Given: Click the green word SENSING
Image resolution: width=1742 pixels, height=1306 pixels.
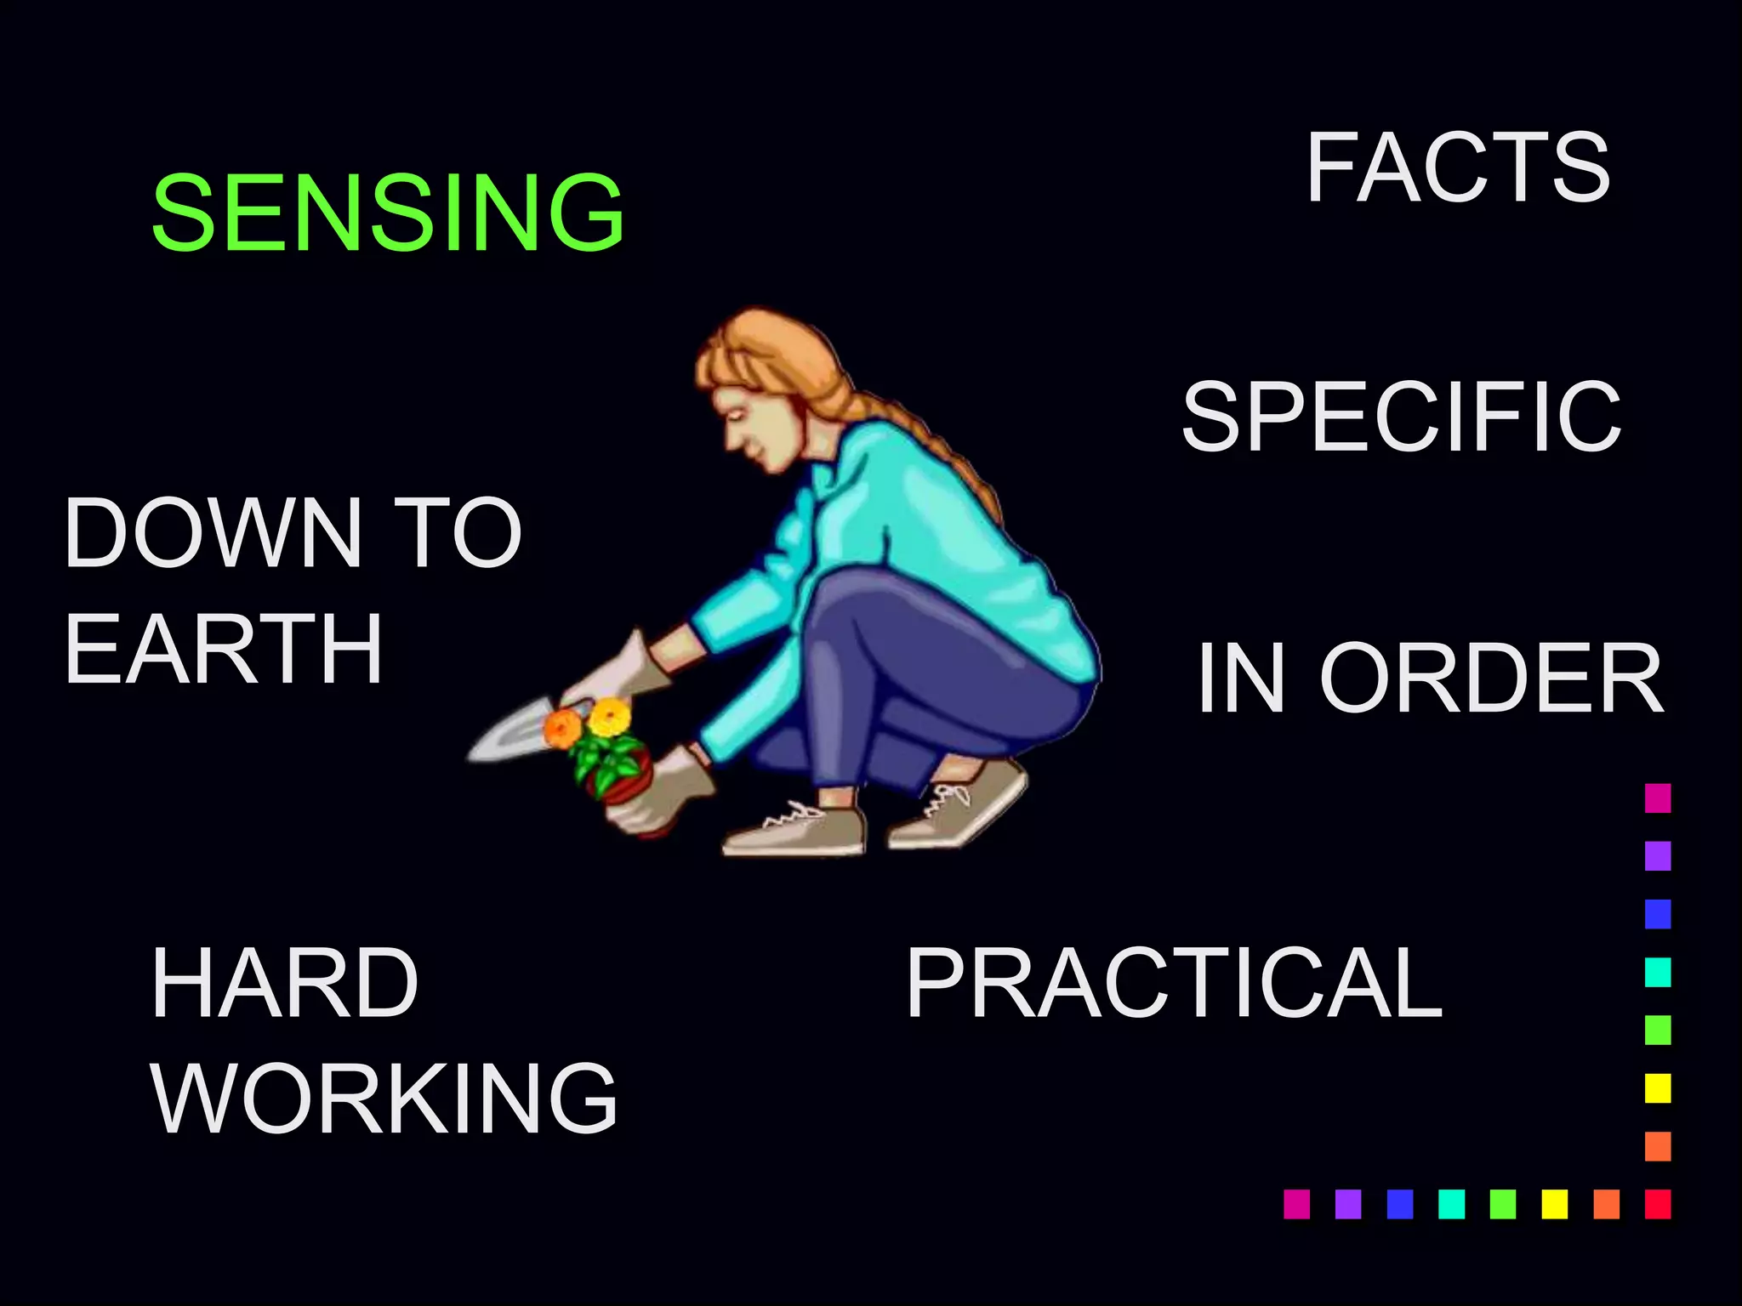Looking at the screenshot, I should pyautogui.click(x=388, y=212).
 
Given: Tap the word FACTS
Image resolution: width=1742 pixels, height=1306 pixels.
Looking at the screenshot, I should pyautogui.click(x=1457, y=168).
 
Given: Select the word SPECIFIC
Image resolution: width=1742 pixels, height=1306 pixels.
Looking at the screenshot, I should pyautogui.click(x=1401, y=417).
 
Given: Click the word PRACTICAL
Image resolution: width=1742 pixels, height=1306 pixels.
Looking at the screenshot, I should pyautogui.click(x=1174, y=984).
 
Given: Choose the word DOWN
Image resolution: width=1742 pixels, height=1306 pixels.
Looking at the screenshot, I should pyautogui.click(x=213, y=533).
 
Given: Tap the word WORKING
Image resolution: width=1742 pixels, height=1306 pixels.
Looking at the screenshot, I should pyautogui.click(x=384, y=1098).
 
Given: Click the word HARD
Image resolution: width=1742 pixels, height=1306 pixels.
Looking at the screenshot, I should pyautogui.click(x=284, y=984).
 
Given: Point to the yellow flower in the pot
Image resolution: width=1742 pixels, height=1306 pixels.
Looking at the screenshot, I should pyautogui.click(x=609, y=717).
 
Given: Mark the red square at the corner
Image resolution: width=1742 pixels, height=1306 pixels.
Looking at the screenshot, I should pyautogui.click(x=1658, y=1204).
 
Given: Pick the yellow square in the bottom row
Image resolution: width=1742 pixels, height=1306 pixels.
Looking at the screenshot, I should pyautogui.click(x=1554, y=1204).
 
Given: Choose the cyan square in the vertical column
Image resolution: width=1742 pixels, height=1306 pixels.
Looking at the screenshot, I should pyautogui.click(x=1658, y=972).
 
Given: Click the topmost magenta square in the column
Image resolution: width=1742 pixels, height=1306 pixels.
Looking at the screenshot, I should pyautogui.click(x=1658, y=798).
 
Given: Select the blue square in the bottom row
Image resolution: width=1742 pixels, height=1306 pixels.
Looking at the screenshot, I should pyautogui.click(x=1399, y=1204).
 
